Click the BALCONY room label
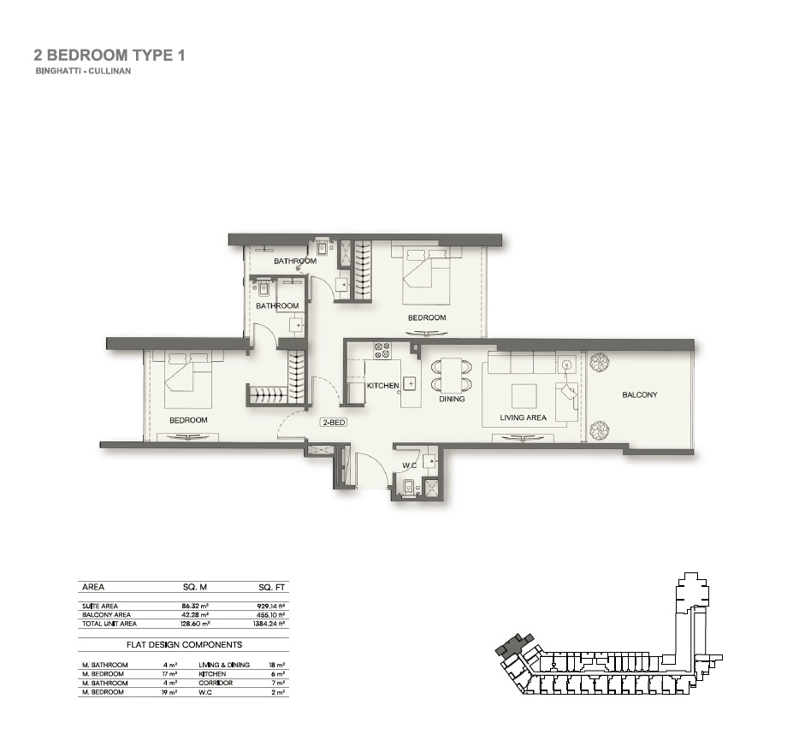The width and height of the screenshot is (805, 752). point(640,394)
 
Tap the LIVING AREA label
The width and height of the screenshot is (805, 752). point(524,418)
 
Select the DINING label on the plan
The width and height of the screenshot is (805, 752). point(452,399)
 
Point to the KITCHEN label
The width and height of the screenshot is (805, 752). point(382,386)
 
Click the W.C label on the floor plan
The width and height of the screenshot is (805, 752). point(409,466)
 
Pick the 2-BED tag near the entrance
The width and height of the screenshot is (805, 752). point(333,423)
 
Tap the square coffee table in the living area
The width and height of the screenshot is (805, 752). point(524,394)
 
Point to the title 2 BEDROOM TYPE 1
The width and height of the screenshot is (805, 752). point(109,56)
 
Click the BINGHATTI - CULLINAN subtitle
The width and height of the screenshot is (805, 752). point(83,72)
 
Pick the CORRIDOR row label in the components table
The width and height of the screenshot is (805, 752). point(216,684)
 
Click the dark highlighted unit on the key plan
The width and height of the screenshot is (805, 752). point(517,642)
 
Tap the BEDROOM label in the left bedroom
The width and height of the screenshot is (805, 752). point(188,420)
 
